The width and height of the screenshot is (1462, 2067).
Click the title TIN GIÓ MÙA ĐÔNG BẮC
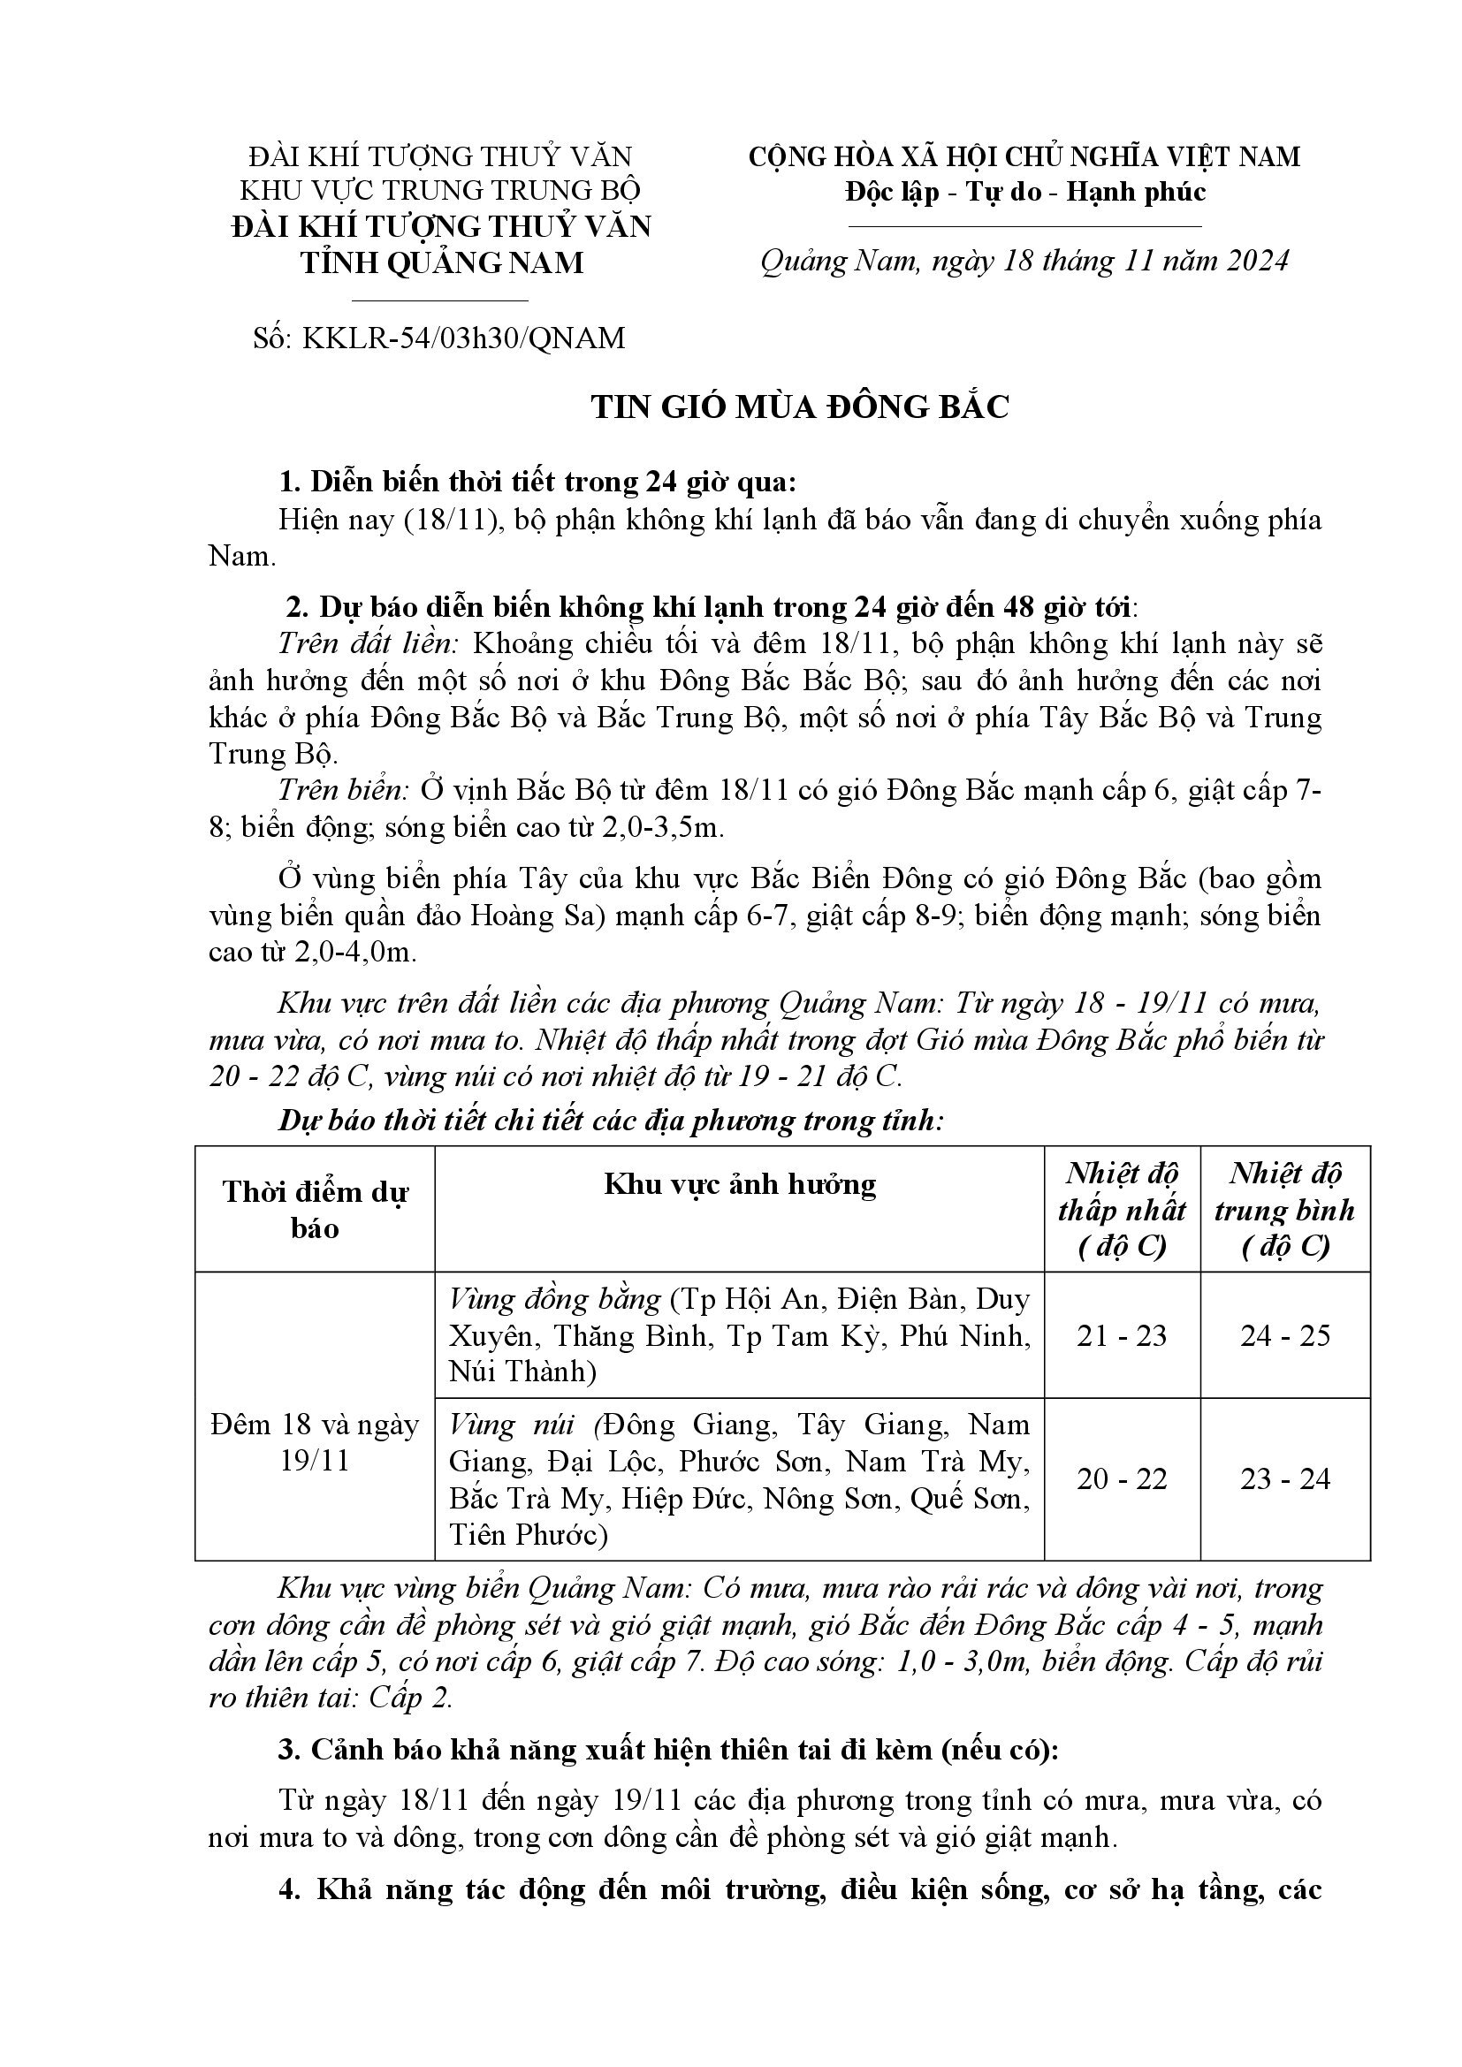(799, 407)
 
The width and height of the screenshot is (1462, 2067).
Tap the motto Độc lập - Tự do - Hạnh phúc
(1024, 192)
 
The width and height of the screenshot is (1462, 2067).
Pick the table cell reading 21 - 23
(1121, 1335)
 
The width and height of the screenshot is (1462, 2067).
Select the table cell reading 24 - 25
(1284, 1335)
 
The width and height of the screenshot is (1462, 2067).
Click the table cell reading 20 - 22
(1121, 1479)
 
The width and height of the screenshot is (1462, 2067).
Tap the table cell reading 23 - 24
(1284, 1479)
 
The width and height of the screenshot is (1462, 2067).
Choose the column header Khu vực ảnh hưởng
(739, 1184)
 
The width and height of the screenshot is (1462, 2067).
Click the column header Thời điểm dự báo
(314, 1209)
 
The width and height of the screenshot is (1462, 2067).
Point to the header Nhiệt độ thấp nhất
(1122, 1209)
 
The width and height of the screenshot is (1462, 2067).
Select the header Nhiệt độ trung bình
(1284, 1209)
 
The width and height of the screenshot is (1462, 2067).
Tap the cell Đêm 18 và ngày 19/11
(314, 1442)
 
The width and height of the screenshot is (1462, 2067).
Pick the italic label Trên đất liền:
(370, 644)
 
